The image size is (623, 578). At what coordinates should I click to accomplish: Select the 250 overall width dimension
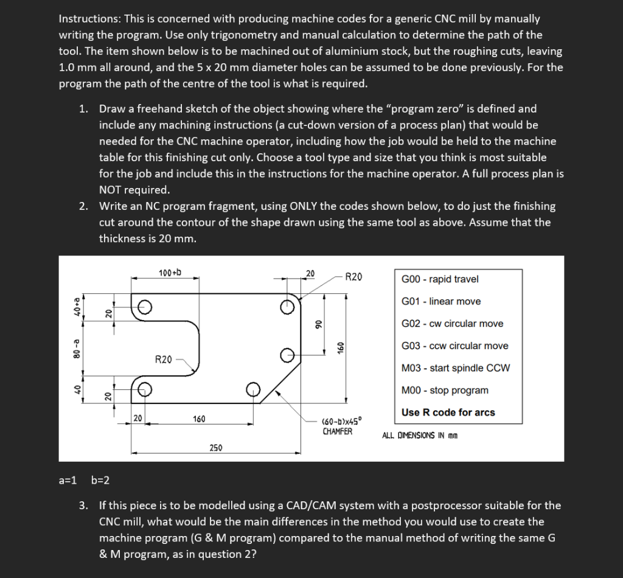(216, 448)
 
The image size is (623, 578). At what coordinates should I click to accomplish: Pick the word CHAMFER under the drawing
(337, 431)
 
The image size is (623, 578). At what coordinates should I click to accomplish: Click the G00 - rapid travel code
(440, 279)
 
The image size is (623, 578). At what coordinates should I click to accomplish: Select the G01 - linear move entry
(441, 301)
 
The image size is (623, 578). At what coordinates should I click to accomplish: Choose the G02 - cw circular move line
(453, 324)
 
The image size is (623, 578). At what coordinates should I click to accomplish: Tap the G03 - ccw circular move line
(455, 346)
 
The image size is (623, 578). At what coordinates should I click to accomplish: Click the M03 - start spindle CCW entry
(456, 368)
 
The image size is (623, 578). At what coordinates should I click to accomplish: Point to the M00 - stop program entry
(445, 390)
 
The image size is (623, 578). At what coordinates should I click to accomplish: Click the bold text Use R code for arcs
(448, 413)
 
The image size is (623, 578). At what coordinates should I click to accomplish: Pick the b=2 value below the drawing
(100, 481)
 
